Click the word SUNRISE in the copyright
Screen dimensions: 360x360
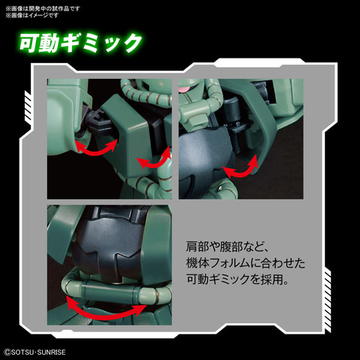click(57, 351)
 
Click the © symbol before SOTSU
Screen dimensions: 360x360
click(7, 351)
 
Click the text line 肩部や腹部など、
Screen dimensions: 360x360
click(222, 245)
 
